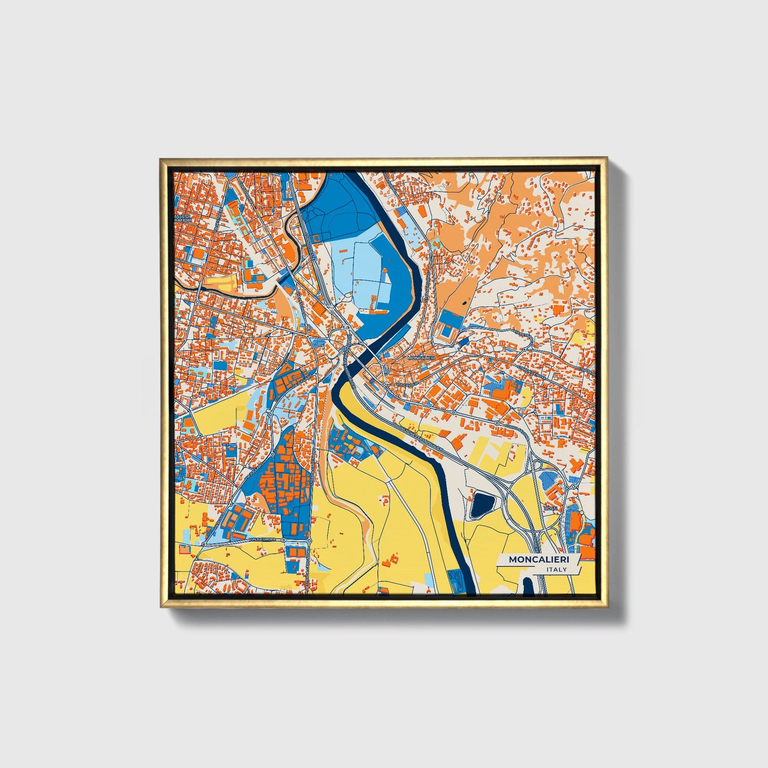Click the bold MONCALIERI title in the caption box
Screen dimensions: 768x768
pyautogui.click(x=538, y=559)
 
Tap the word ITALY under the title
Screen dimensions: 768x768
pyautogui.click(x=556, y=570)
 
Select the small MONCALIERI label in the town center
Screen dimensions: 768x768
pyautogui.click(x=420, y=358)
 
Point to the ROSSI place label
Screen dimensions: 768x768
pyautogui.click(x=551, y=508)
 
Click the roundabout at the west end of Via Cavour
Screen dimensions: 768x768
pyautogui.click(x=384, y=383)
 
